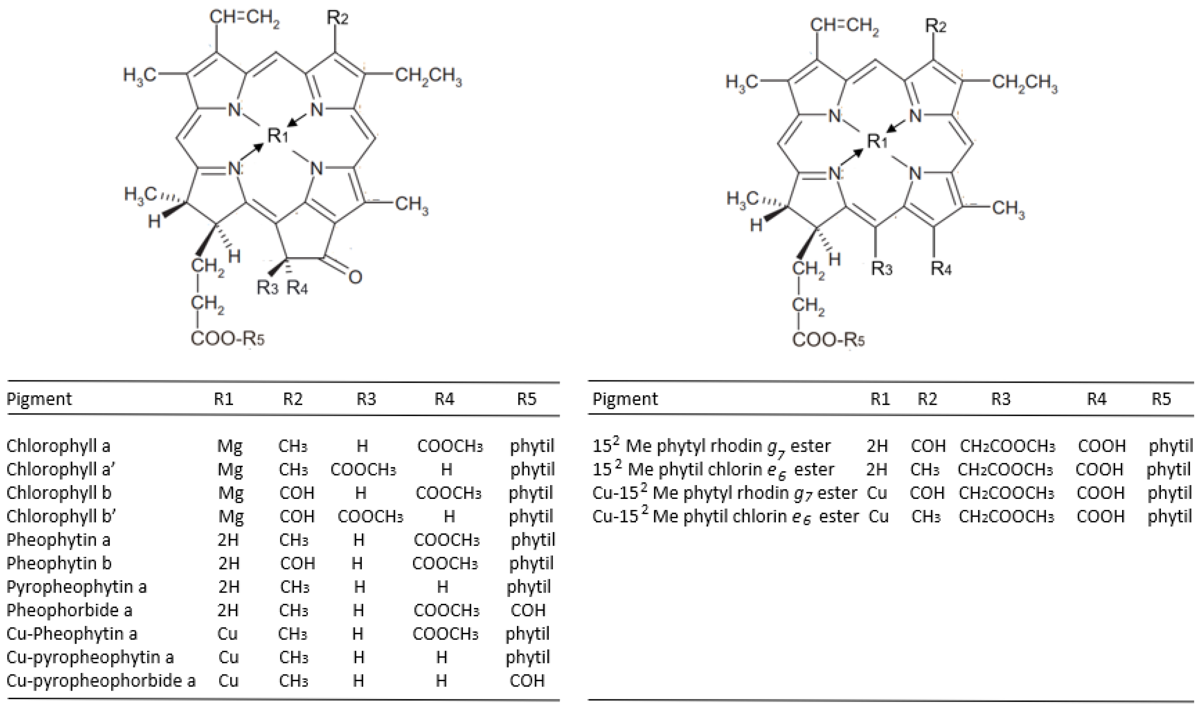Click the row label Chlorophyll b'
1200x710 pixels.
click(61, 516)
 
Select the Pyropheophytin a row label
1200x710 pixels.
click(77, 587)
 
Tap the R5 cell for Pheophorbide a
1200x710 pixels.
click(528, 610)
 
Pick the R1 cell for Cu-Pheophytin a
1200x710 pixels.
click(227, 633)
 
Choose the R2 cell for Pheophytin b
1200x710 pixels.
click(297, 563)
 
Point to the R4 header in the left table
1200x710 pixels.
click(444, 398)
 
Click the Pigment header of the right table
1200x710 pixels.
click(625, 398)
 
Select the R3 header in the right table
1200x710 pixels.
click(1000, 398)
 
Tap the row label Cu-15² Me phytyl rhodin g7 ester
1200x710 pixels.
click(725, 493)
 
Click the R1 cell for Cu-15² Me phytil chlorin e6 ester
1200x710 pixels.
click(878, 516)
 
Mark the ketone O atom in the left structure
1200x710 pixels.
click(355, 277)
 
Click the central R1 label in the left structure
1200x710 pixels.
click(278, 135)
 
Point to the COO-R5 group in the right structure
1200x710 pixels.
click(829, 340)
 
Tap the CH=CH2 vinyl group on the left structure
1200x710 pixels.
click(244, 19)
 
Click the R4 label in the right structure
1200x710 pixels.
click(941, 268)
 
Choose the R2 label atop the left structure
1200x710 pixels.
click(337, 18)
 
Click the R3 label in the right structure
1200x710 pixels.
click(882, 268)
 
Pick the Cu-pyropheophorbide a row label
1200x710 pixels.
click(101, 680)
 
